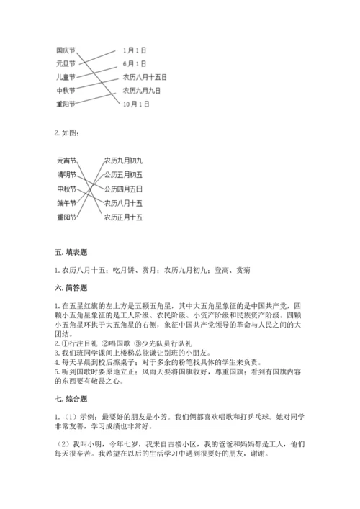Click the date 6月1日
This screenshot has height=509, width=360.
point(135,63)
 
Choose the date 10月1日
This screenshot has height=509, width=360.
point(136,104)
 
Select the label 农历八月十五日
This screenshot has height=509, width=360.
point(145,77)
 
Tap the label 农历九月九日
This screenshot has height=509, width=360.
point(141,91)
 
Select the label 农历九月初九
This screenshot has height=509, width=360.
point(123,161)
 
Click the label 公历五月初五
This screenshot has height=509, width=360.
point(123,175)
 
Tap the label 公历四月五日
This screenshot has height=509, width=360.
point(123,189)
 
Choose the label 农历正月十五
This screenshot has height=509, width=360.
point(123,217)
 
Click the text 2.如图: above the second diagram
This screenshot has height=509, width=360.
point(66,132)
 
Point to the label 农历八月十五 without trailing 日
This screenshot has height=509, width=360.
point(123,202)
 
